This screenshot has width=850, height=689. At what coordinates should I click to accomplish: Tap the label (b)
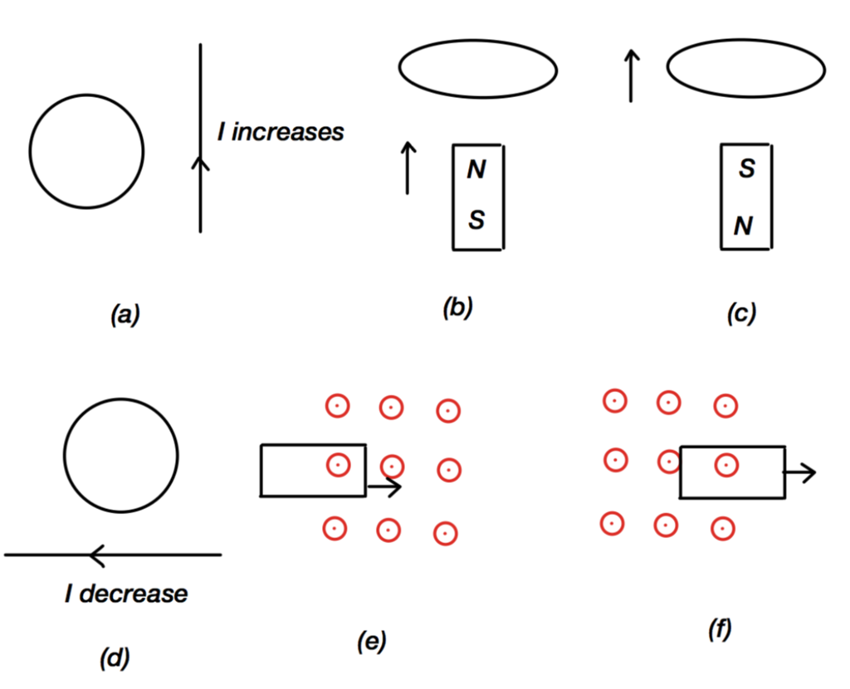point(457,308)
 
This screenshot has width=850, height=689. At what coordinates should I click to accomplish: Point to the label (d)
point(114,657)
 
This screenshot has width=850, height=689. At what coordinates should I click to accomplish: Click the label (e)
point(371,641)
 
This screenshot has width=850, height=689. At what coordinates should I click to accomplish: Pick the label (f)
point(719,631)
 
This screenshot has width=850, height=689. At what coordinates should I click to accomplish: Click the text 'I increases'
point(281,132)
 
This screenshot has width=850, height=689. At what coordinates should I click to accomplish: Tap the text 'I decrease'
point(126,594)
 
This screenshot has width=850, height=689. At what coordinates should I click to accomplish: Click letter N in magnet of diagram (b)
point(476,171)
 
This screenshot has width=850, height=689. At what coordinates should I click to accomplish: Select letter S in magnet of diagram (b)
point(476,221)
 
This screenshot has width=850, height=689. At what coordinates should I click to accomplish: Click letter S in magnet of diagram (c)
point(746,170)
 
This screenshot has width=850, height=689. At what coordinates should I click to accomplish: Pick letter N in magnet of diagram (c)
point(745,226)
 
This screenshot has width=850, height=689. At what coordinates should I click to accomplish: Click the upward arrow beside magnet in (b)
point(408,167)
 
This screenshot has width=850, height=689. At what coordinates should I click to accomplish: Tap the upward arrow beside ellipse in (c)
point(631,75)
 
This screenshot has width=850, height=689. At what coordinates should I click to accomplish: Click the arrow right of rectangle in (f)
point(800,473)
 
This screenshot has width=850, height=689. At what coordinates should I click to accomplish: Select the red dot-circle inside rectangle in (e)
point(338,465)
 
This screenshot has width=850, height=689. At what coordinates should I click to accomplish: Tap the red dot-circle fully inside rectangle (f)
point(725,465)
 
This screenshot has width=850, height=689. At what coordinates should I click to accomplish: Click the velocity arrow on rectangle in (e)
point(384,487)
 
